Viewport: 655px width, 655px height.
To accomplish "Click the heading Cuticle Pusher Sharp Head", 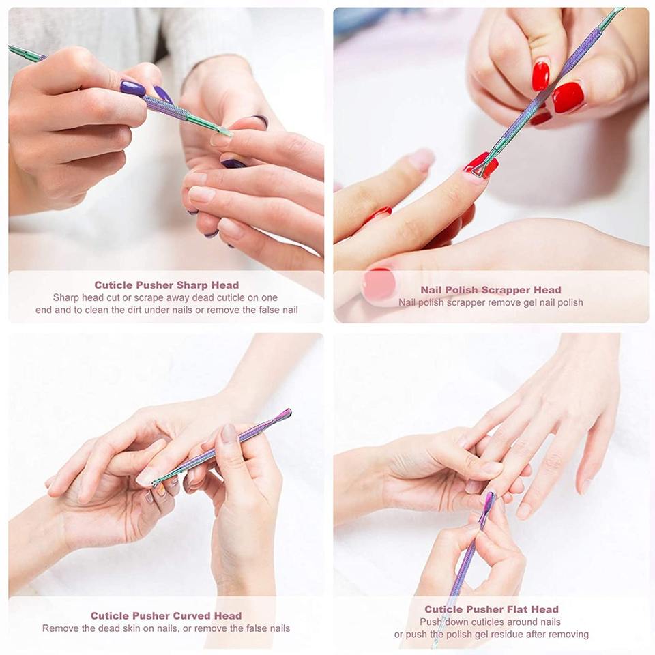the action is pos(166,285).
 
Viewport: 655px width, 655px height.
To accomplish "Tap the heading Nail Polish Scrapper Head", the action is pos(491,289).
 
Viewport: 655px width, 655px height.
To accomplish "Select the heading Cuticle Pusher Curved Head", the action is pos(166,615).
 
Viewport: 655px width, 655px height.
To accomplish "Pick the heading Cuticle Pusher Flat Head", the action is pos(492,609).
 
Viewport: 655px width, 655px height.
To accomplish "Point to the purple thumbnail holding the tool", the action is pos(133,89).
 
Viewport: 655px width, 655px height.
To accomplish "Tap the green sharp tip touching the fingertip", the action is pos(226,132).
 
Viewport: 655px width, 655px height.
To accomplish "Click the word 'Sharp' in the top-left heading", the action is pos(192,285).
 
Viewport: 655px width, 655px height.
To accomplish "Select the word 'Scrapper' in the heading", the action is pos(507,289).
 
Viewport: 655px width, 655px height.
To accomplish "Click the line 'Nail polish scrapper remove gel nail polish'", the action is pos(491,302).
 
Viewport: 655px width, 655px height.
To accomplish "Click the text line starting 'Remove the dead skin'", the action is pos(166,628).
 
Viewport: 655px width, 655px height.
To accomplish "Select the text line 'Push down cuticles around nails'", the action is pos(491,622).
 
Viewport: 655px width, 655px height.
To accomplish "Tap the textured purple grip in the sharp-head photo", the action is pos(165,107).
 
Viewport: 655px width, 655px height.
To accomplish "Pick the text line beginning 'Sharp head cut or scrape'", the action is pos(165,297).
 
